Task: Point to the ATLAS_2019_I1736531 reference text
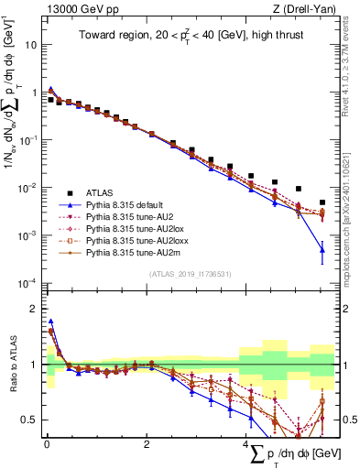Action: click(x=189, y=273)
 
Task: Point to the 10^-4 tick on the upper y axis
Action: click(x=28, y=282)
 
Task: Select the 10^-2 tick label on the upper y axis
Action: click(x=28, y=187)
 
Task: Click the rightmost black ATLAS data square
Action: click(x=322, y=202)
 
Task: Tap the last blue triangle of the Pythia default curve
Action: click(x=322, y=249)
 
